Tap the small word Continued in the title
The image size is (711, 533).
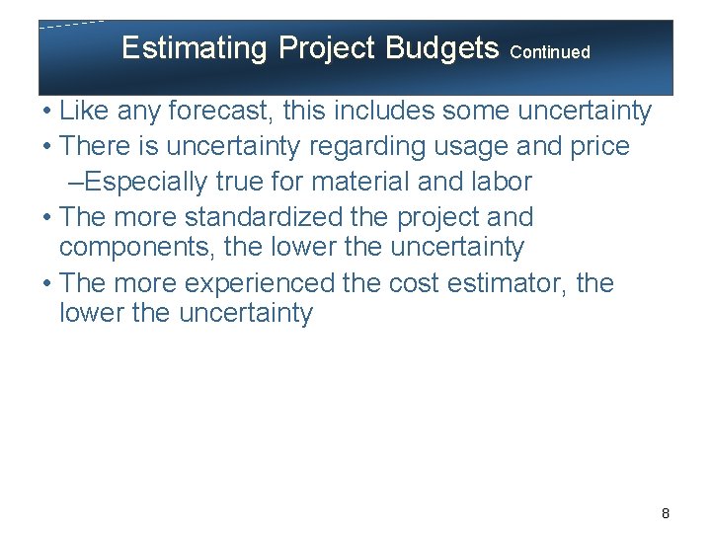[551, 52]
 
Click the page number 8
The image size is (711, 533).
[666, 513]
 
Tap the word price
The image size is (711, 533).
[596, 147]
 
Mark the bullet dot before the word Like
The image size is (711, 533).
[48, 112]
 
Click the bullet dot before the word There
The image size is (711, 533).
[48, 147]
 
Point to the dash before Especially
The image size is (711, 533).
[77, 182]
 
